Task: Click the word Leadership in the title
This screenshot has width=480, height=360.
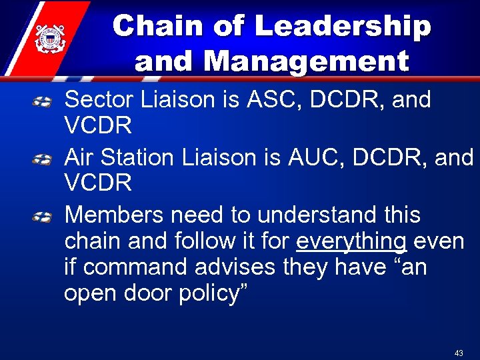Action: coord(343,27)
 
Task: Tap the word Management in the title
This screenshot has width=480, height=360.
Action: coord(307,61)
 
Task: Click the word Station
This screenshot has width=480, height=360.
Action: coord(137,157)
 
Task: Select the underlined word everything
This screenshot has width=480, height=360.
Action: coord(351,241)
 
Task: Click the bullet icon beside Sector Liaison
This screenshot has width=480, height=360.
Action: coord(43,102)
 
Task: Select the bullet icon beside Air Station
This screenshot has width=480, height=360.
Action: coord(43,159)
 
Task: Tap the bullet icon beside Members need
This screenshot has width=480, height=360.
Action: coord(43,217)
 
